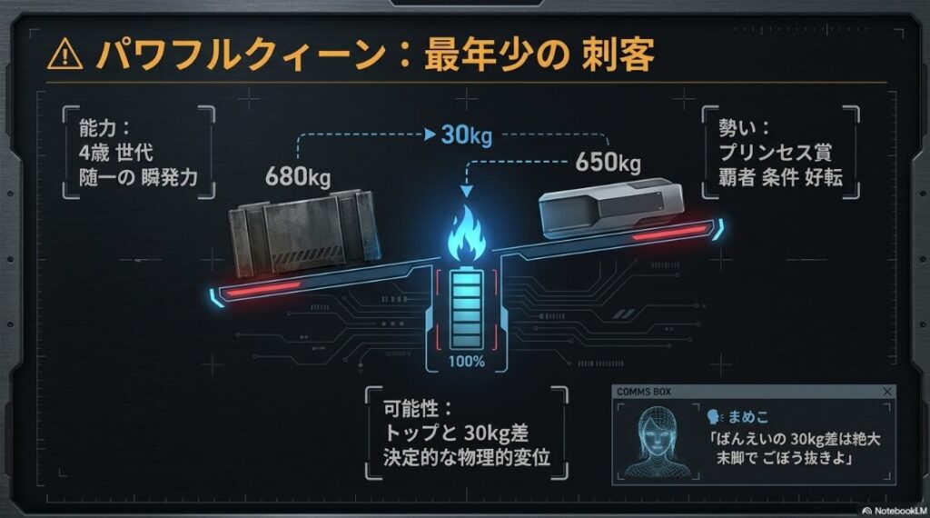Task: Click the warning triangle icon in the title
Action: click(65, 55)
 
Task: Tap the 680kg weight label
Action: click(298, 176)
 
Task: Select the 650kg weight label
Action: click(608, 162)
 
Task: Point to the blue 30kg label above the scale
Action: click(467, 135)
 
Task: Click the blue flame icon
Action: click(466, 234)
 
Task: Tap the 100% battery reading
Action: click(466, 361)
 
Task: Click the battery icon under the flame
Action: click(466, 309)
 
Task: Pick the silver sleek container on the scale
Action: click(611, 207)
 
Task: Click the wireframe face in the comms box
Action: click(658, 441)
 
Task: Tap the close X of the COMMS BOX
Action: click(887, 392)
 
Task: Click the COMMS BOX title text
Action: click(644, 392)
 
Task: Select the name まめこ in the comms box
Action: click(748, 417)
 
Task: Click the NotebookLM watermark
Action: click(895, 511)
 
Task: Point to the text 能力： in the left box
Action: click(104, 127)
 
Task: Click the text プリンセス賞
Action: click(776, 152)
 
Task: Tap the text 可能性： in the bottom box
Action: click(418, 408)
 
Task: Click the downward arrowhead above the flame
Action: click(467, 191)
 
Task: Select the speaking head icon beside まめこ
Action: click(715, 417)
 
